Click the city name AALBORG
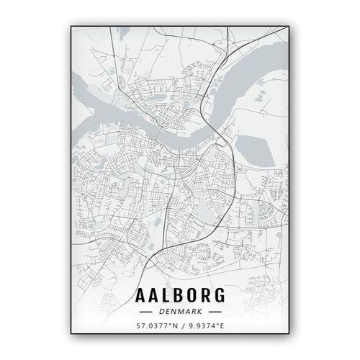point(179,295)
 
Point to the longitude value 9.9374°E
point(206,326)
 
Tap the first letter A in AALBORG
point(140,295)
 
